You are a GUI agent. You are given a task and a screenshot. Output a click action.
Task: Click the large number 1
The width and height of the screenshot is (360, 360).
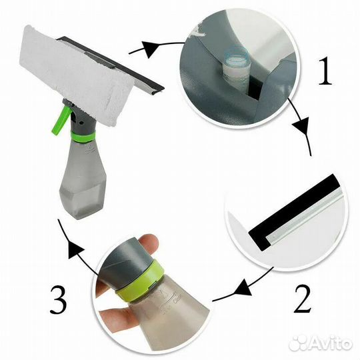coord(325,71)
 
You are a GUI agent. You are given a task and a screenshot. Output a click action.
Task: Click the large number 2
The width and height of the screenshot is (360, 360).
coord(303,299)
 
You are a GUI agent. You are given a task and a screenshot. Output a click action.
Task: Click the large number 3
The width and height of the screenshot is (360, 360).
coord(59,299)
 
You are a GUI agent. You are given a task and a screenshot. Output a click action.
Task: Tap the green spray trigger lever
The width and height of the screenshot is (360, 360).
coord(60,119)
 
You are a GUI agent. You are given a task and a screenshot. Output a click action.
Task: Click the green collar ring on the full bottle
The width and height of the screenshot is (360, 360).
coord(83,137)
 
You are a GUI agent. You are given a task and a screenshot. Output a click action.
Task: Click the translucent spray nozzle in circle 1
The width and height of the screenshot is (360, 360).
coord(237,69)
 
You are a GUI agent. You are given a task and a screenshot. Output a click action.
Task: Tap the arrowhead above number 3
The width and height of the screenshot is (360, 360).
coord(75,251)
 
